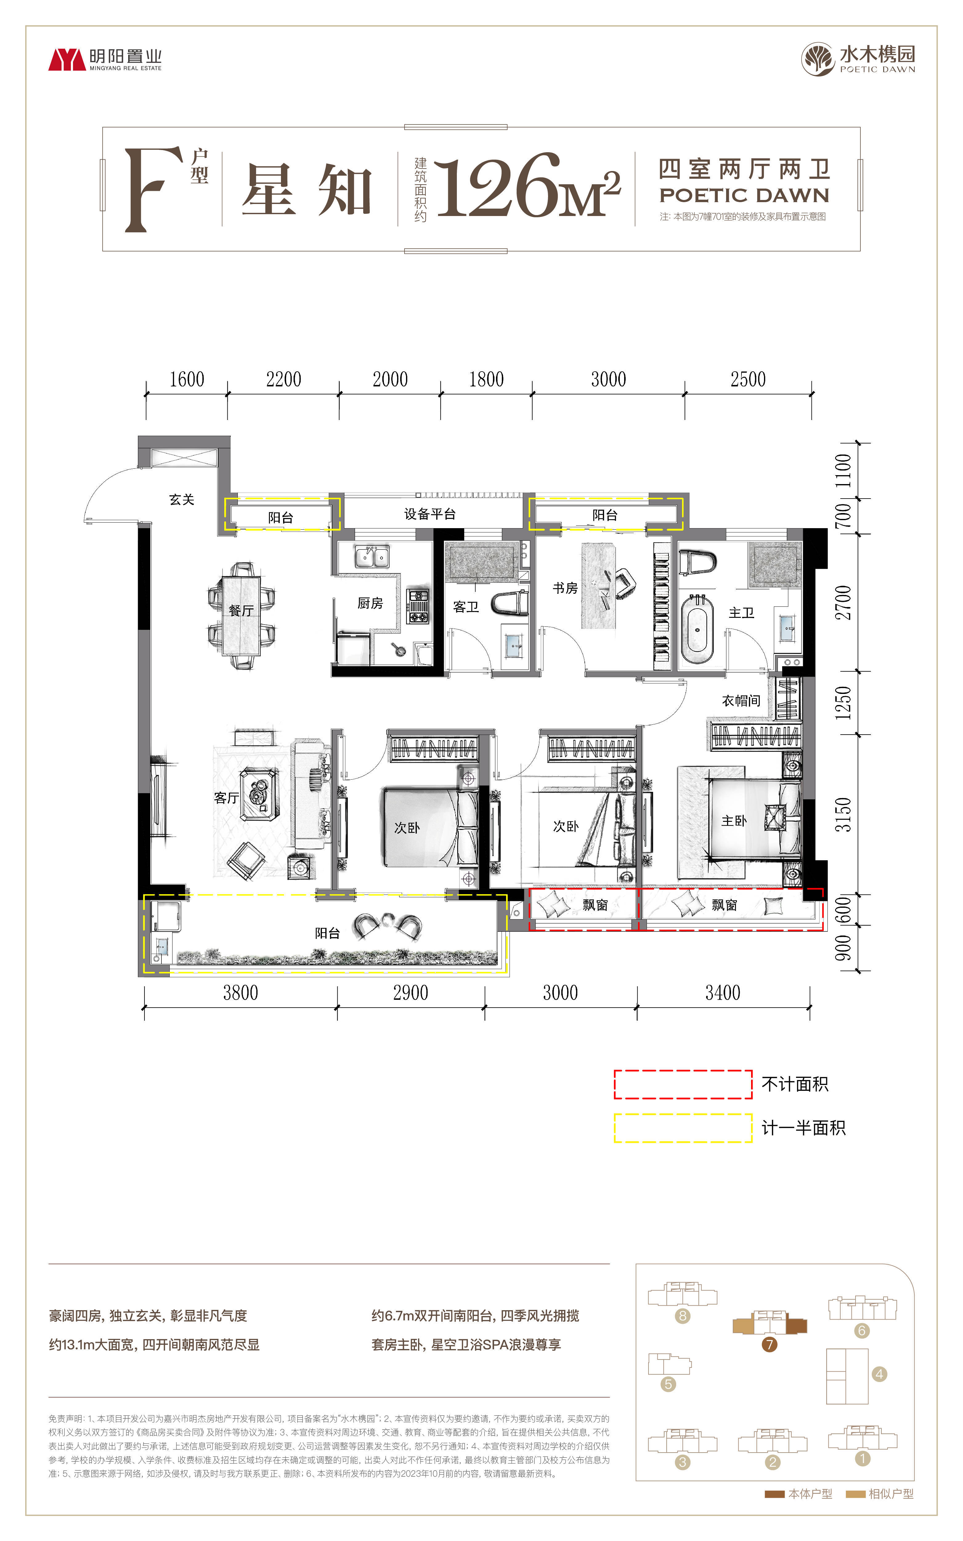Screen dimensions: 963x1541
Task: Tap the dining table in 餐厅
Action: coord(242,615)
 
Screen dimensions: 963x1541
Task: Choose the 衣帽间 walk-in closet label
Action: coord(741,701)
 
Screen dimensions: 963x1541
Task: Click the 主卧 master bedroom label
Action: coord(734,821)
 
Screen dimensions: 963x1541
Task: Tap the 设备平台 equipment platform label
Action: coord(430,514)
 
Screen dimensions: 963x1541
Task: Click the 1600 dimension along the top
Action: coord(187,379)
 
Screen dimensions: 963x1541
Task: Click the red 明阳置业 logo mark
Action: coord(67,60)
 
